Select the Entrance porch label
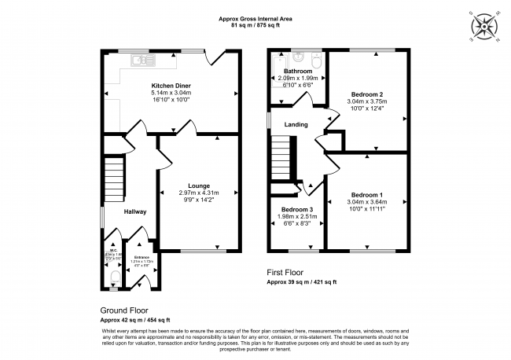[142, 256]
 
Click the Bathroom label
[298, 71]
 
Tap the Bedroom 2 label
[367, 94]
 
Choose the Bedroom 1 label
[367, 194]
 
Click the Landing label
[296, 125]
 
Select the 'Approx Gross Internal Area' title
[255, 17]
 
